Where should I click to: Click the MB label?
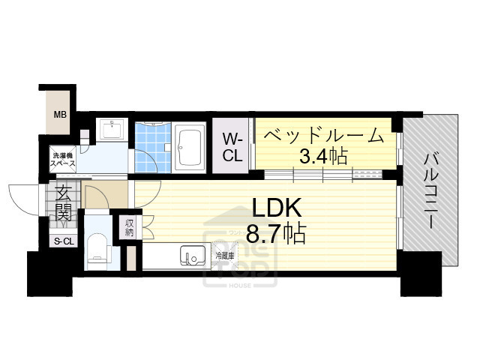[x=58, y=115]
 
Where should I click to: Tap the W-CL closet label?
[x=232, y=146]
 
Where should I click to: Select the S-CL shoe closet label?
[x=63, y=241]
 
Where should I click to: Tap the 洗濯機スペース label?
[x=61, y=158]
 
